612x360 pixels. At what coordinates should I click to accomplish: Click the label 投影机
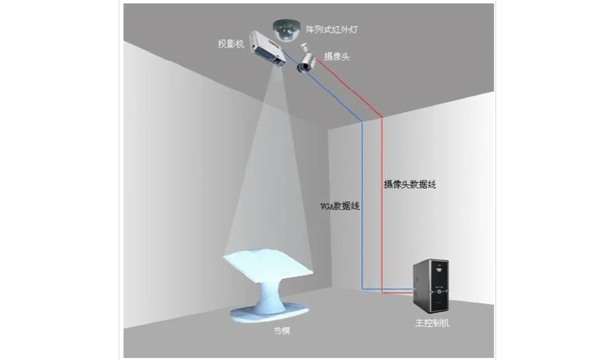(230, 44)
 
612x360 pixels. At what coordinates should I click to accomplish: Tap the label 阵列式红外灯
(332, 30)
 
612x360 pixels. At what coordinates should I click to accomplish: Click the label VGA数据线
(341, 206)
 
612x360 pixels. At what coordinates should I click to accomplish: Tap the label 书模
(282, 331)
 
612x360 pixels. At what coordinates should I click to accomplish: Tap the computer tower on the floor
(430, 285)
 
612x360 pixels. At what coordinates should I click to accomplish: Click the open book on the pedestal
(268, 267)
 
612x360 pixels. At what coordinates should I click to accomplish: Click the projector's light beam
(270, 171)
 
